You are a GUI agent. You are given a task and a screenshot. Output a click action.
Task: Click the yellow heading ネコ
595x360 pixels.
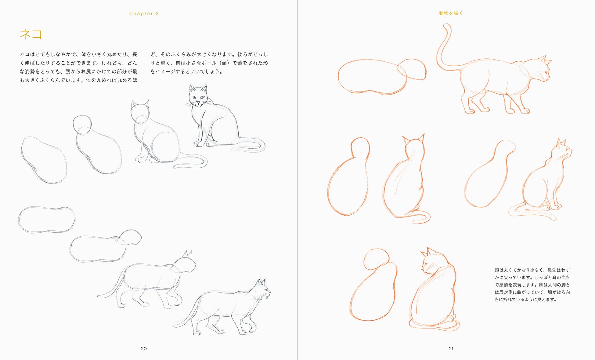click(x=31, y=34)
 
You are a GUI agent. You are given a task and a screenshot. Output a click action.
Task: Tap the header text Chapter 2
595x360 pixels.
click(x=144, y=13)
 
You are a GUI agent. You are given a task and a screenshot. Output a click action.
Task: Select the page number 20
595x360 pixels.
click(x=144, y=348)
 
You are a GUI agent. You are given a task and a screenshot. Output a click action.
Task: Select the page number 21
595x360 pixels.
click(x=451, y=348)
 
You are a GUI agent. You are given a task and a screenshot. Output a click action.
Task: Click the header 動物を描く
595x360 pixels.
click(x=451, y=13)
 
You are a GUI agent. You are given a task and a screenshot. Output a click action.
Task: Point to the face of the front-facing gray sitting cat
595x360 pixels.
click(x=197, y=97)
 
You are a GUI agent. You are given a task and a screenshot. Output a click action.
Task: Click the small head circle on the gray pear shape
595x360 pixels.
click(x=82, y=125)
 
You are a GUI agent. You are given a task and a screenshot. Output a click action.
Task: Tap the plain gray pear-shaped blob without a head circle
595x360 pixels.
click(x=44, y=160)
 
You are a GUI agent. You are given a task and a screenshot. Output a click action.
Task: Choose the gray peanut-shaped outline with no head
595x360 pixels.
click(x=47, y=220)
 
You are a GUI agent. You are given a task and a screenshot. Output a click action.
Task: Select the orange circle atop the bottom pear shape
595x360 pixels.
click(x=377, y=259)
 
